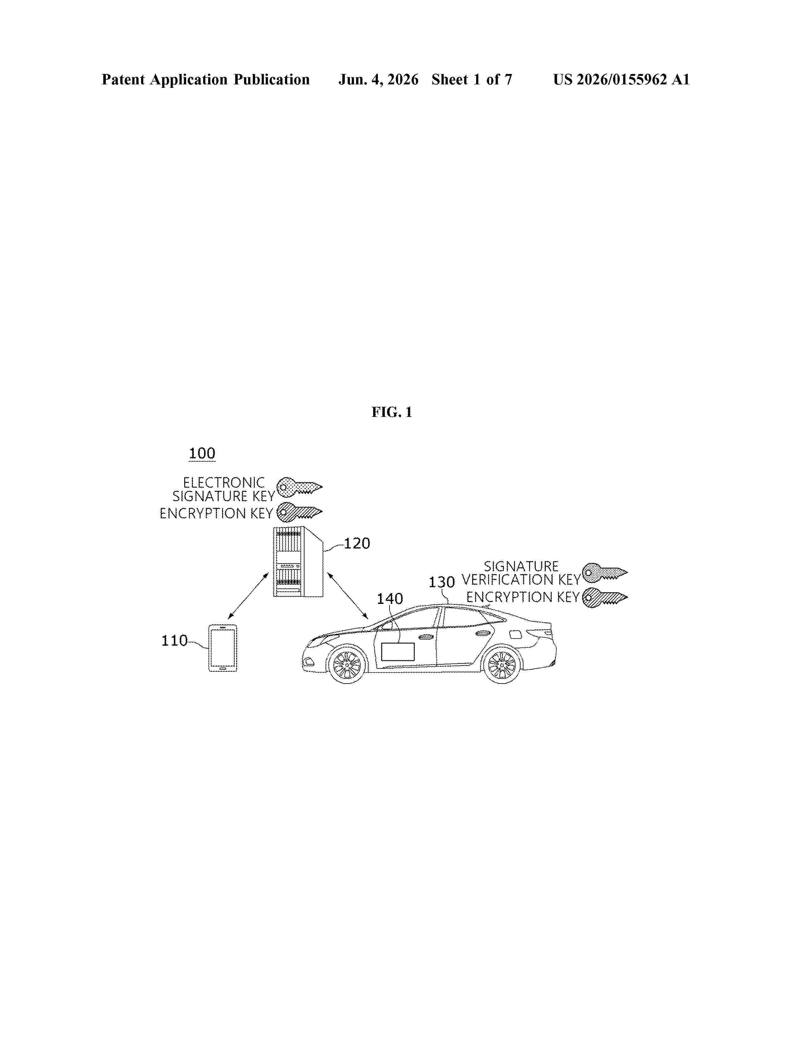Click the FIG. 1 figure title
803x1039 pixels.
391,412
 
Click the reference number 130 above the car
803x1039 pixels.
442,582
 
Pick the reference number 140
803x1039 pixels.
390,599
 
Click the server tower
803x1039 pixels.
298,561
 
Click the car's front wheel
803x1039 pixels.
347,664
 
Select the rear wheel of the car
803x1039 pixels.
502,664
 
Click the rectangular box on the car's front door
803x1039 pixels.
398,652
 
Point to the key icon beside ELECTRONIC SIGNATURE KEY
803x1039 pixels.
299,487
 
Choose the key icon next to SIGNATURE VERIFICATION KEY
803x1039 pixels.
605,572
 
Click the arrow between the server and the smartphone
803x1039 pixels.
248,596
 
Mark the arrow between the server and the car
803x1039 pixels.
348,596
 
